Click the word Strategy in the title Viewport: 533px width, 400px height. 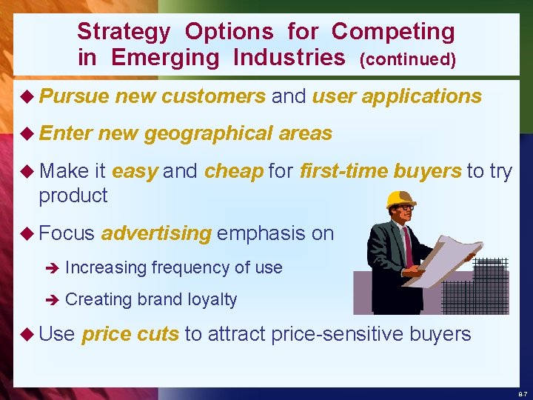pos(124,32)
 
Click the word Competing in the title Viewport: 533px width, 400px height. pos(393,32)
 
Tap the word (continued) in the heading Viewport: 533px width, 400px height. pos(407,59)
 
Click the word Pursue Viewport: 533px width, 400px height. pos(75,96)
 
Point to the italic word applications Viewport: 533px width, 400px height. pos(424,96)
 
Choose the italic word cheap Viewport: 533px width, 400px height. pos(234,172)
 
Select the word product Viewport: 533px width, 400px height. pos(73,196)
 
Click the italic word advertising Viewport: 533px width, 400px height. pos(156,234)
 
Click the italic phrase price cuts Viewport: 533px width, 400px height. pos(130,335)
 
